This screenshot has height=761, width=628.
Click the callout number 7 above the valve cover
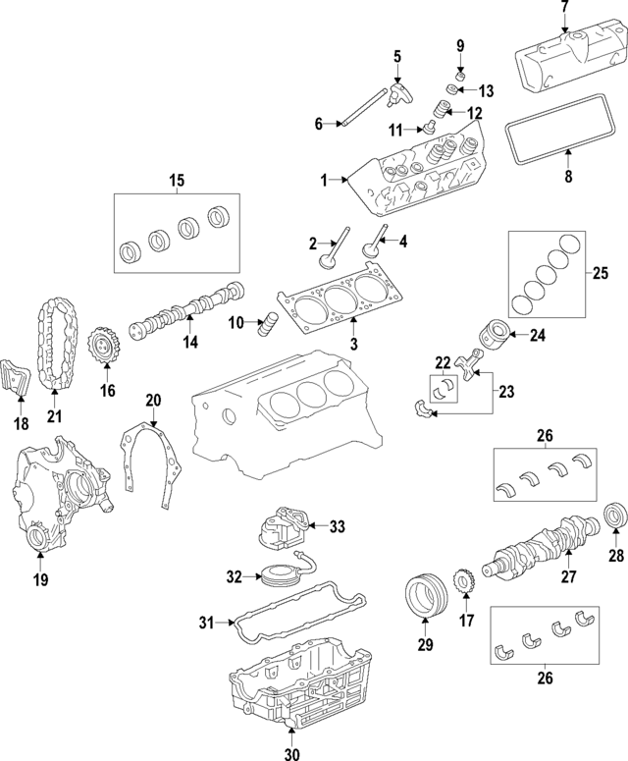(x=564, y=8)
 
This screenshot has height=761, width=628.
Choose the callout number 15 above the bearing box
(x=177, y=180)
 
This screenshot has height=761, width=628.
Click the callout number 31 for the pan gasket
(x=206, y=622)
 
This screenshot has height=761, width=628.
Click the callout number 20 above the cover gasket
(x=152, y=400)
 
